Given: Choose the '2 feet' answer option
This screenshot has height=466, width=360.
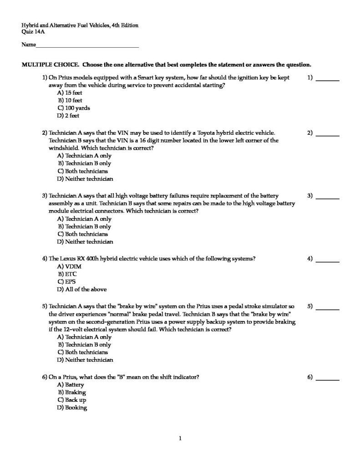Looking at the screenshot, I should point(68,116).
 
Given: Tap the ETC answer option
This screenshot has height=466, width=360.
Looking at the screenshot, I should point(67,274).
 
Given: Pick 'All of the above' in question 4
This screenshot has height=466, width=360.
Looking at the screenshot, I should point(82,289).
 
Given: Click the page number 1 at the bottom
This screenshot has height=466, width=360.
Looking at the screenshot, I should point(180,439).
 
